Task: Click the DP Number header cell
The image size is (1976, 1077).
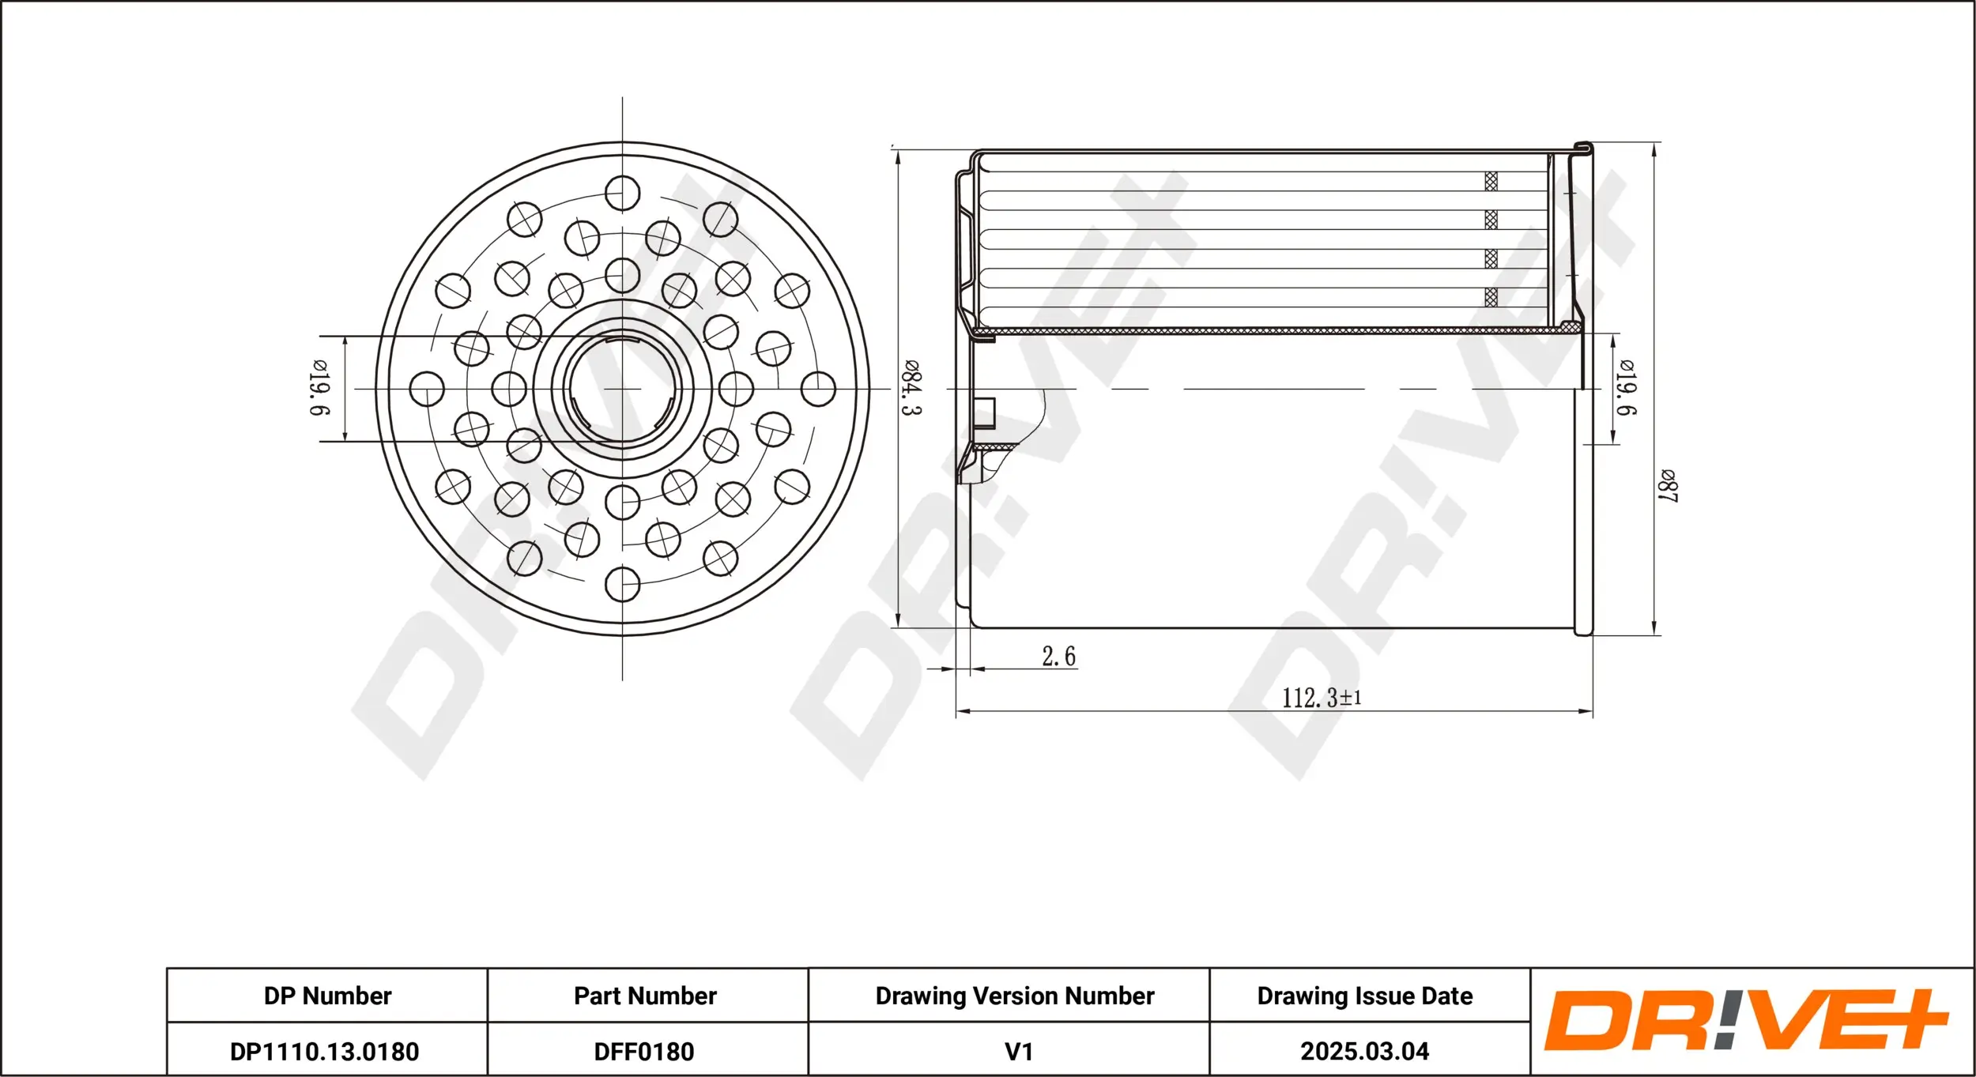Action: pos(327,996)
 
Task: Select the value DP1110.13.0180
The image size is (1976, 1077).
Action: pos(324,1052)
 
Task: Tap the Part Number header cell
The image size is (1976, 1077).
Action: pos(645,996)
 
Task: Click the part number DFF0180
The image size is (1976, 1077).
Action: pos(644,1052)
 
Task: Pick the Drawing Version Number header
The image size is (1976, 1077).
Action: pos(1015,996)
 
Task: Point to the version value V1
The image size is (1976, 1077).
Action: pos(1018,1052)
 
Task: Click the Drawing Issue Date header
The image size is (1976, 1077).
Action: pos(1365,996)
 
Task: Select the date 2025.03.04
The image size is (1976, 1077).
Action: pos(1365,1052)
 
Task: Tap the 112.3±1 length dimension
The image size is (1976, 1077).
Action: pos(1321,698)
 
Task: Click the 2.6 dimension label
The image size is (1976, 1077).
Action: pos(1058,657)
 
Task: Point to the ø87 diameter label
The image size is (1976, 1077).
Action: pos(1668,485)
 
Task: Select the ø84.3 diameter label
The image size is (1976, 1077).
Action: pos(911,388)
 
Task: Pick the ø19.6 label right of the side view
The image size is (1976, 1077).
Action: pos(1626,387)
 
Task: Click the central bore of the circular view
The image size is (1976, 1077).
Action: pos(622,388)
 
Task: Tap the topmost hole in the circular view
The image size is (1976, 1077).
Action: pos(622,193)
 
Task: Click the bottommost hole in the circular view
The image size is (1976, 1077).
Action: pos(622,584)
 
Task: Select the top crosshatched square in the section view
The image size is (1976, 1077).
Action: pos(1491,181)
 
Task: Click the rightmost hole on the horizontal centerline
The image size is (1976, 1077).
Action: pos(818,389)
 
